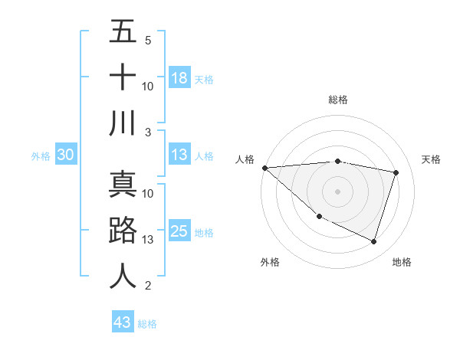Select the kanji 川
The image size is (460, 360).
123,123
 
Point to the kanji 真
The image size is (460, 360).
123,185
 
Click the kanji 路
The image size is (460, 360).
123,231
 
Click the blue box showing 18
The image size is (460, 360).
179,78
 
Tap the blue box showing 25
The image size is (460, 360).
179,232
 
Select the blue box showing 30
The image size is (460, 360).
66,155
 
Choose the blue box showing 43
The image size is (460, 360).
122,322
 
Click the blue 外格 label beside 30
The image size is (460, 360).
41,156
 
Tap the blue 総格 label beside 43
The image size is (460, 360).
147,323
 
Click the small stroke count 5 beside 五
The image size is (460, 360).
147,40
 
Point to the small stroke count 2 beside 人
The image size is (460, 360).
147,286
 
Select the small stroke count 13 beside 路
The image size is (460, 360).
148,240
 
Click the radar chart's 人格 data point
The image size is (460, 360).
264,168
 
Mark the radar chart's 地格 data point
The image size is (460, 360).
373,242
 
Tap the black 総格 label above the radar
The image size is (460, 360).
337,100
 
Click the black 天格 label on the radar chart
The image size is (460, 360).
431,159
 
